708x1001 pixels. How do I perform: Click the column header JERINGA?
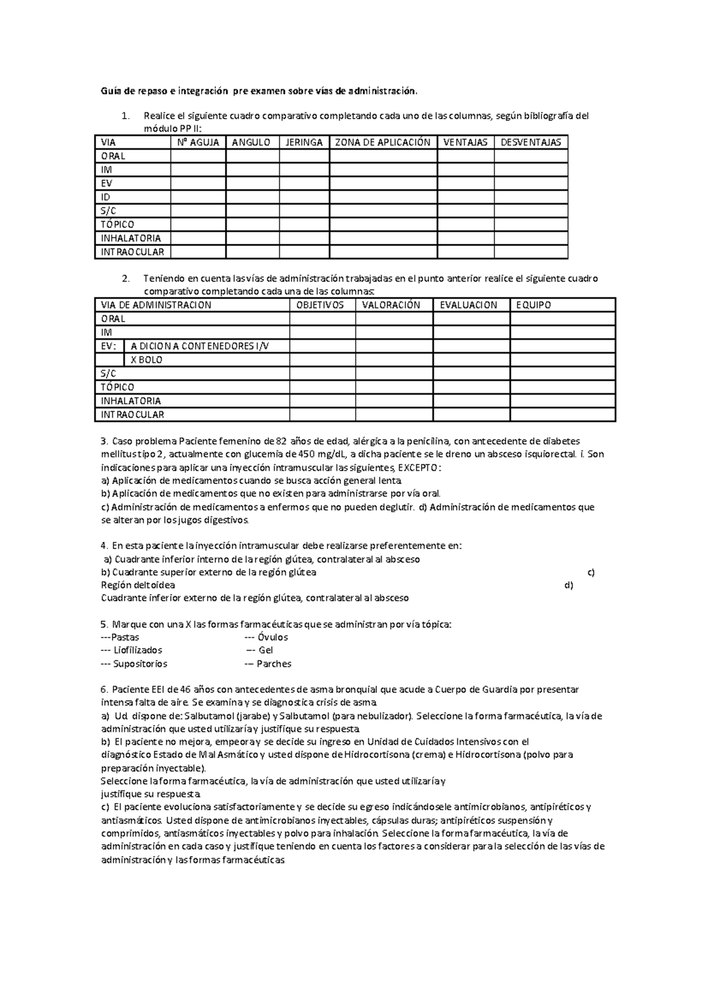pos(304,142)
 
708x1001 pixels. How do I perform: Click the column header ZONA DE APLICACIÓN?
pos(383,142)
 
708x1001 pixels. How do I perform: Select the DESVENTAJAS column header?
pos(530,142)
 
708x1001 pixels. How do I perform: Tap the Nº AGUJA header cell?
pos(198,142)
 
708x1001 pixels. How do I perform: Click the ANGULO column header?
pos(251,142)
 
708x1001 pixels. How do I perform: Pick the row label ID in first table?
pos(106,197)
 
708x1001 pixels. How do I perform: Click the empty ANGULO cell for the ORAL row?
pos(252,156)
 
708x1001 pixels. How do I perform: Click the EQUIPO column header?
pos(533,305)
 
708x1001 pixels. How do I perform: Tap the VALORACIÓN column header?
pos(391,305)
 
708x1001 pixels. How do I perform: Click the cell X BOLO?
pos(146,360)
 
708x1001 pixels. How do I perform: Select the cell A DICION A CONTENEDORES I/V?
pos(199,346)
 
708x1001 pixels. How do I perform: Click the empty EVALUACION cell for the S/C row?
pos(471,374)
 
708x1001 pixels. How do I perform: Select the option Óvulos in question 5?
pos(273,637)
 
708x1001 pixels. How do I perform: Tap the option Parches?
pos(274,664)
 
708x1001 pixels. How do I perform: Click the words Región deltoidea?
pos(138,585)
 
